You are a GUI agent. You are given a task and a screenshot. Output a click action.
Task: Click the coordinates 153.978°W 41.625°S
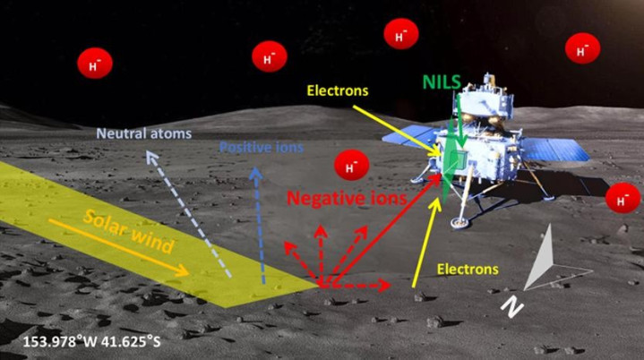[x=95, y=341]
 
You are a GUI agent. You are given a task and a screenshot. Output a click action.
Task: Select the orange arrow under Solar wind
[x=117, y=245]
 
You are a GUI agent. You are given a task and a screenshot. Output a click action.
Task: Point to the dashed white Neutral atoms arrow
[x=189, y=215]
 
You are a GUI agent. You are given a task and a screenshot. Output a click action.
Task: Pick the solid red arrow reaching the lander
[x=385, y=234]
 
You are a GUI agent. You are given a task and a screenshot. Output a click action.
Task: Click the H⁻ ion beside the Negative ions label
[x=350, y=167]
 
